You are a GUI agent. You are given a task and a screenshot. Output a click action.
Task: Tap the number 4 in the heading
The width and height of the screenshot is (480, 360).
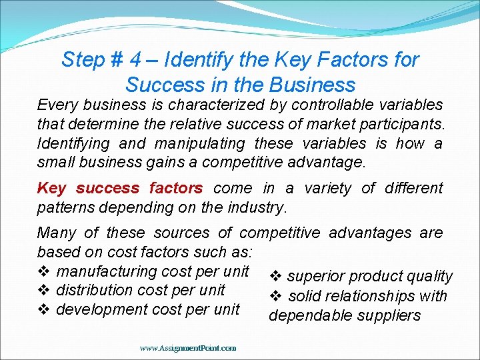pos(136,60)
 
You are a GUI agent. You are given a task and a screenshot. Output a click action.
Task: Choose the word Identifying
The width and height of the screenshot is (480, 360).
pos(73,143)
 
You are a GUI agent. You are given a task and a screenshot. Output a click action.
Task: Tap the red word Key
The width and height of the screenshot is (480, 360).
pos(51,189)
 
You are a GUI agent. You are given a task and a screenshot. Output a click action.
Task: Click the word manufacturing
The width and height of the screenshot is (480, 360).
pos(107,271)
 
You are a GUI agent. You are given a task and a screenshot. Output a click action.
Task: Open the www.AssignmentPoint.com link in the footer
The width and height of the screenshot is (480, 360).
pos(188,348)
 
